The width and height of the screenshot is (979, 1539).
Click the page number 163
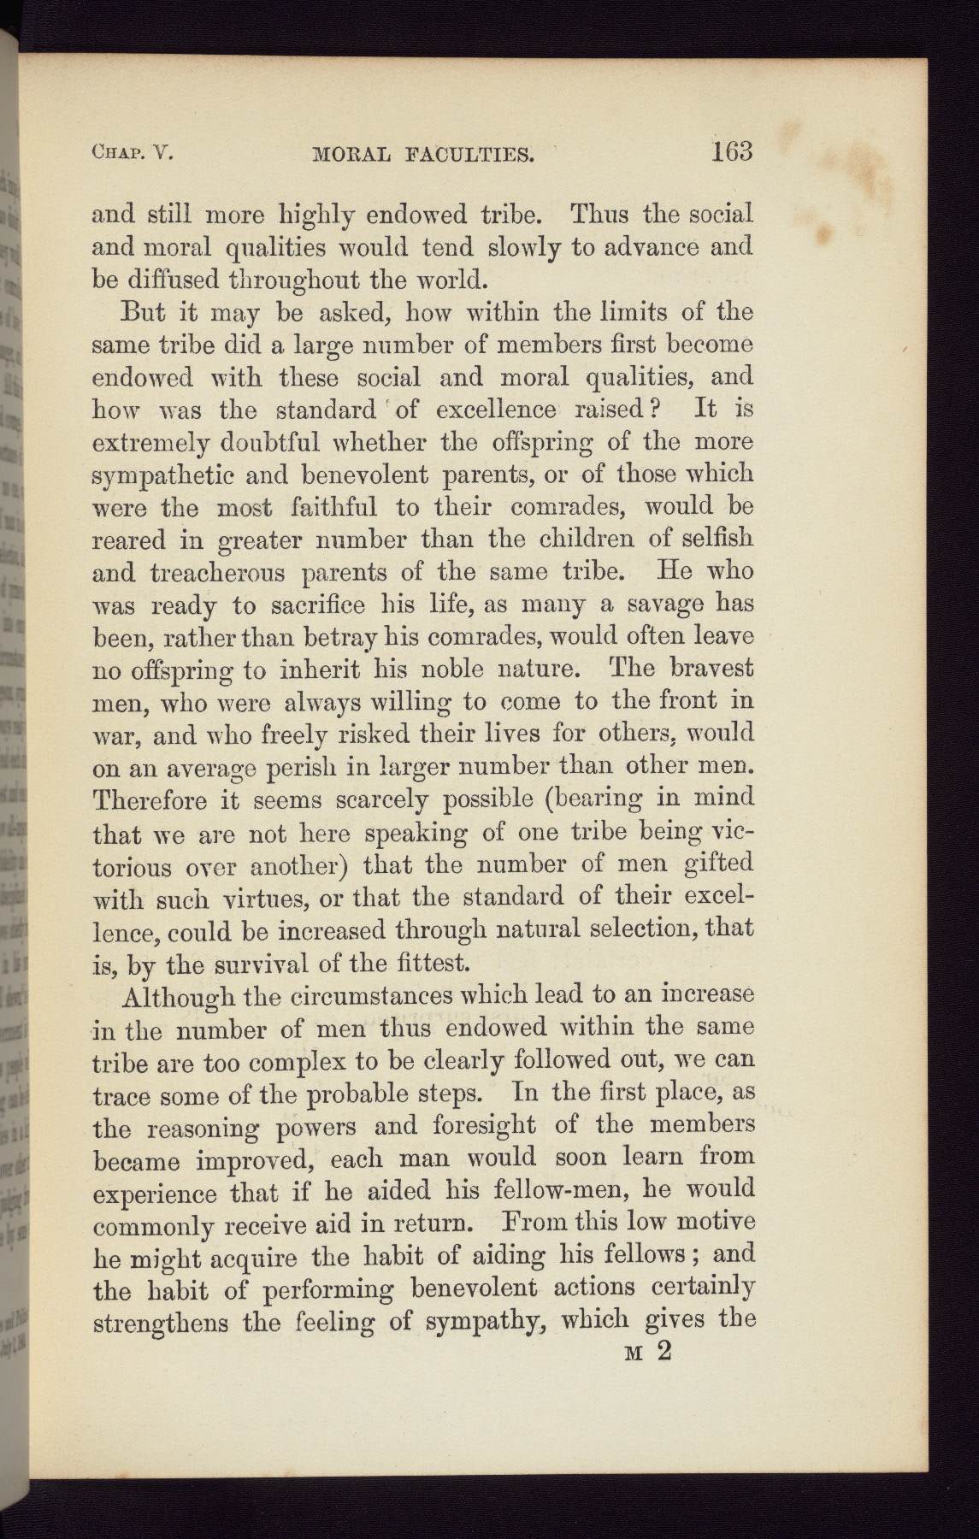pyautogui.click(x=729, y=151)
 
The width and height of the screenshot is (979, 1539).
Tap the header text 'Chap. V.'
pyautogui.click(x=133, y=154)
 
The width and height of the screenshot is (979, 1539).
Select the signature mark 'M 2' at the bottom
pyautogui.click(x=651, y=1352)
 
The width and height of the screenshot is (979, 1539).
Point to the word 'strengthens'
pyautogui.click(x=161, y=1323)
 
